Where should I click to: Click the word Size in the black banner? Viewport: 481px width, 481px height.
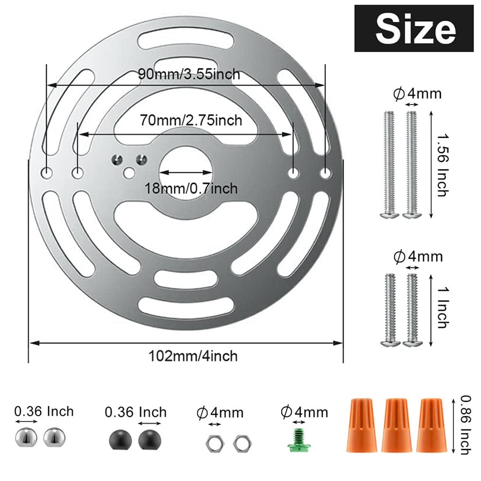(415, 30)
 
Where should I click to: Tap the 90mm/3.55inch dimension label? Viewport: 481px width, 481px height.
(189, 74)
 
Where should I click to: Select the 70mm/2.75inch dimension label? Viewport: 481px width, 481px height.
(191, 120)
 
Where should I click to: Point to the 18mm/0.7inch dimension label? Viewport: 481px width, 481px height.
(191, 188)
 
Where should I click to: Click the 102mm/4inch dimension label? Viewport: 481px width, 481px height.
(193, 356)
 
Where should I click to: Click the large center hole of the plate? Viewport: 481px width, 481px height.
(186, 172)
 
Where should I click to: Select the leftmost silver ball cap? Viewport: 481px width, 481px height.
(26, 438)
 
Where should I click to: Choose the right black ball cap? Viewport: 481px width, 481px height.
(150, 440)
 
